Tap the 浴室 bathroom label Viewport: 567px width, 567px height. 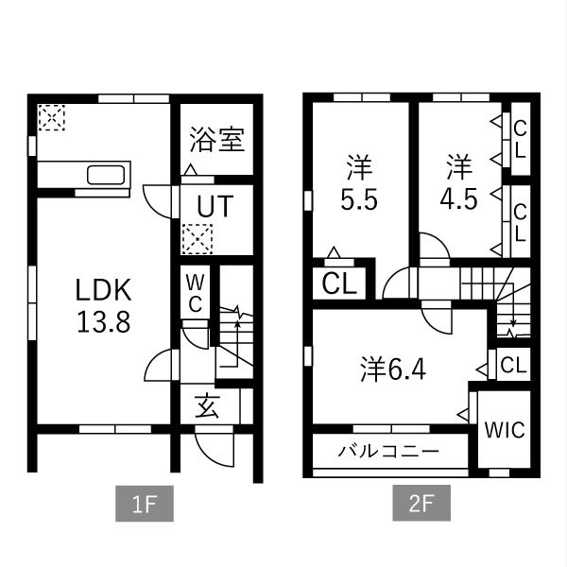(x=216, y=140)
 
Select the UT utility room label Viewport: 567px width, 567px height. (x=216, y=206)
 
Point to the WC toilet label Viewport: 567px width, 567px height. (x=195, y=293)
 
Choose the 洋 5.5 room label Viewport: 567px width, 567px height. (x=356, y=185)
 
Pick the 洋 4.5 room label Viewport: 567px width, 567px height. (x=459, y=185)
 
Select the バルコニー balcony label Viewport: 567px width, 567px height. (x=388, y=452)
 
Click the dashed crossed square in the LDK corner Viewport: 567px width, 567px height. (x=52, y=117)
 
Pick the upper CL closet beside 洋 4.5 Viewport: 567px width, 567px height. (x=519, y=139)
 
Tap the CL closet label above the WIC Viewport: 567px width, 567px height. (x=513, y=365)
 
